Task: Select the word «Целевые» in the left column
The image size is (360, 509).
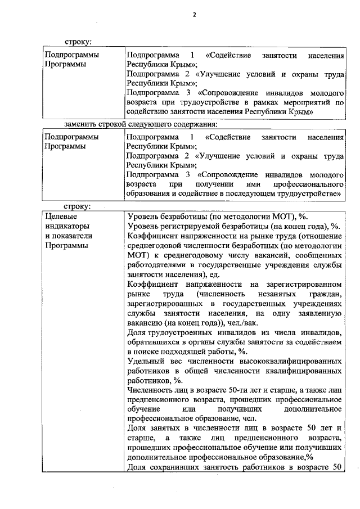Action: click(x=59, y=216)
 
